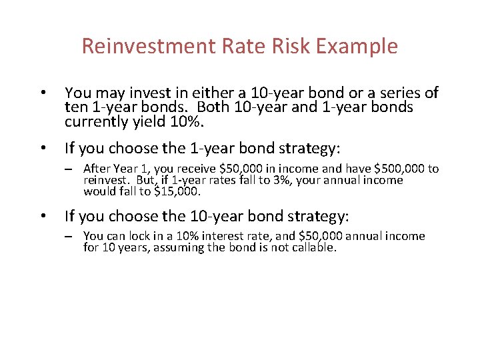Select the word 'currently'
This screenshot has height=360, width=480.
96,121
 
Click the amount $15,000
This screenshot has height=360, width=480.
177,192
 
